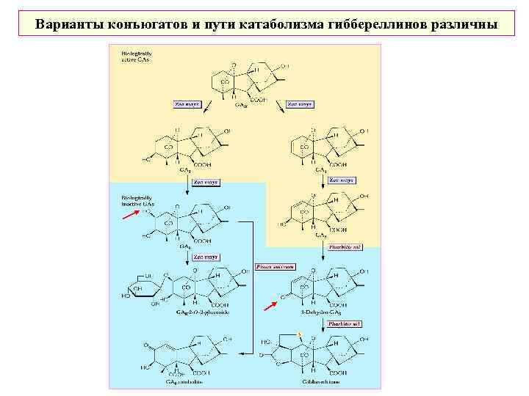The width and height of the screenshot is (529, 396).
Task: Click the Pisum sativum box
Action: [275, 267]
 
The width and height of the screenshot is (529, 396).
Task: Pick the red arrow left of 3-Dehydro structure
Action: [271, 302]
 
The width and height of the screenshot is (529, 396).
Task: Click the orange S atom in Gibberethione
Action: [300, 336]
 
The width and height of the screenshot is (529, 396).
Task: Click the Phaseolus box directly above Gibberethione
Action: [344, 323]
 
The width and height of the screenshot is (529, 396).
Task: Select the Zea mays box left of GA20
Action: [187, 104]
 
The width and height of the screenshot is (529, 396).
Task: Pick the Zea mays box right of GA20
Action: [300, 104]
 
